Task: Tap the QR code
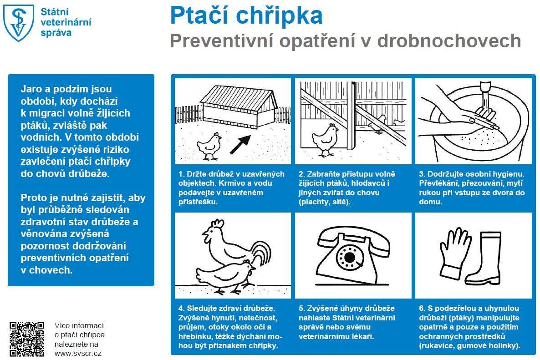pyautogui.click(x=27, y=339)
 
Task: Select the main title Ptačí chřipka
pyautogui.click(x=246, y=15)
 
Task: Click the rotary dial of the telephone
pyautogui.click(x=350, y=258)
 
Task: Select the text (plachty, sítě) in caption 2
pyautogui.click(x=324, y=202)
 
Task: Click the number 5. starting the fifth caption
pyautogui.click(x=301, y=308)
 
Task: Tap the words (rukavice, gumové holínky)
pyautogui.click(x=469, y=346)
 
